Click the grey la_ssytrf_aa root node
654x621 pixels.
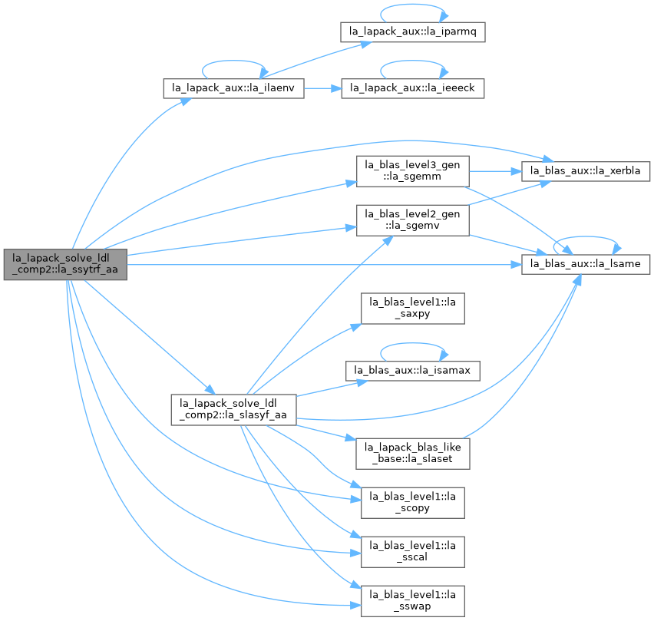(x=65, y=264)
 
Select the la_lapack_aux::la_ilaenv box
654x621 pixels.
(x=233, y=88)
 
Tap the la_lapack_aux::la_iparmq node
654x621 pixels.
(x=412, y=31)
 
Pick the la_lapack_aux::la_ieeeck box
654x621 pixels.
(x=412, y=88)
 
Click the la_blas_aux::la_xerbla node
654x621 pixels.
(x=586, y=171)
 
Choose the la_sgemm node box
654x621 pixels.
(x=412, y=171)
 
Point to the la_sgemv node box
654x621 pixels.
(x=412, y=220)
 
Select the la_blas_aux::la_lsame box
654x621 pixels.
(x=586, y=264)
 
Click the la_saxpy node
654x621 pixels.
(x=412, y=309)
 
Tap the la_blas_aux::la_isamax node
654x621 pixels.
(x=412, y=370)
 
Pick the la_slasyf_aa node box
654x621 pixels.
(x=233, y=410)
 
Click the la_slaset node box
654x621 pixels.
(x=412, y=454)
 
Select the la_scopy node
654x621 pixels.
(x=412, y=503)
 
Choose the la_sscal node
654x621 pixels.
(x=412, y=552)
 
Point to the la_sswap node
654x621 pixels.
(x=412, y=601)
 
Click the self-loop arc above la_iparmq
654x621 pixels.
(x=412, y=5)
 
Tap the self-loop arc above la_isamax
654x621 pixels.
(x=412, y=343)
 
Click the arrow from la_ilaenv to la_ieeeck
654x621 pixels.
(x=323, y=88)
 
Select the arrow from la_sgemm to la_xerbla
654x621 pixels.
(x=496, y=171)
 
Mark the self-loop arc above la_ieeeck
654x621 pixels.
(x=412, y=61)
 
